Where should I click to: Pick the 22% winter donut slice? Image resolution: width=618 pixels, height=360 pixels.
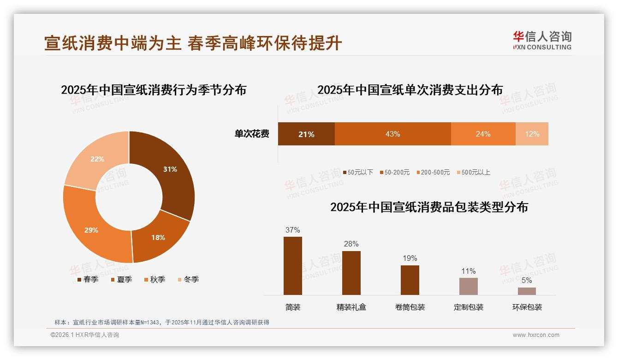pyautogui.click(x=97, y=159)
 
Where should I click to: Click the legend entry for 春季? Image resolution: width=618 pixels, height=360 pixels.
pyautogui.click(x=87, y=279)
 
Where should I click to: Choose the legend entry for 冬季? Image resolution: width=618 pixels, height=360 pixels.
pyautogui.click(x=188, y=279)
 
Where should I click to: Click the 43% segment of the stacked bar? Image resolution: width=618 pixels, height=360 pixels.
pyautogui.click(x=392, y=134)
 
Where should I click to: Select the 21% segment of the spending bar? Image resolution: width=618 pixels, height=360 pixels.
pyautogui.click(x=306, y=134)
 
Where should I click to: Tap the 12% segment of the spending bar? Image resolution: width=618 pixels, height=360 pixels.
pyautogui.click(x=532, y=134)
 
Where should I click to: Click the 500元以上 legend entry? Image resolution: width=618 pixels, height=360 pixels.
pyautogui.click(x=473, y=172)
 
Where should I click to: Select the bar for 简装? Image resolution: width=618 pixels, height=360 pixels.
pyautogui.click(x=293, y=265)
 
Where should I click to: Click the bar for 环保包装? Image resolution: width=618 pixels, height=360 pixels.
pyautogui.click(x=527, y=291)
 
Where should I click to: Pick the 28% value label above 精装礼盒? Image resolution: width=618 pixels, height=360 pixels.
pyautogui.click(x=351, y=244)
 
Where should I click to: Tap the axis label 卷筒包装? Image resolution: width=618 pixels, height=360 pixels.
pyautogui.click(x=410, y=307)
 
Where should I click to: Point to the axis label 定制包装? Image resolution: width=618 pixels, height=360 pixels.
pyautogui.click(x=469, y=307)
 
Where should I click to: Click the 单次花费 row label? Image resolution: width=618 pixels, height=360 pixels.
pyautogui.click(x=252, y=134)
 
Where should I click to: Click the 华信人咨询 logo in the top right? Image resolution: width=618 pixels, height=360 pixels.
pyautogui.click(x=542, y=40)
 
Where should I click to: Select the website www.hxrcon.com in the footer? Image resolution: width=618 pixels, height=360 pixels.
pyautogui.click(x=536, y=335)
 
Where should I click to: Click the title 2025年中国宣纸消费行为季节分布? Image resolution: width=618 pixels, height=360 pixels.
pyautogui.click(x=154, y=90)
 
